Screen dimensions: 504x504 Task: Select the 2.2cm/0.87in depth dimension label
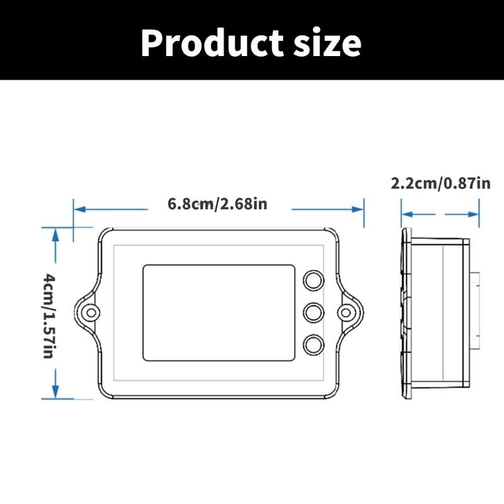coord(440,183)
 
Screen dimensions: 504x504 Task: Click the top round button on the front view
coord(314,280)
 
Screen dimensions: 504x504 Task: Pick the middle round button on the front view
coord(314,312)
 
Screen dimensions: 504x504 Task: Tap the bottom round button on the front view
coord(314,344)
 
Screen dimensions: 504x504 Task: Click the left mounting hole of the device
coord(91,312)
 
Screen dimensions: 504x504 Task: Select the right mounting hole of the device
coord(345,312)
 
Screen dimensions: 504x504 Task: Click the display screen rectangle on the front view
coord(219,312)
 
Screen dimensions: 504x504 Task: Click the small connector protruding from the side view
coord(476,311)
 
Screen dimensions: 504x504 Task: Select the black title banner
coord(252,40)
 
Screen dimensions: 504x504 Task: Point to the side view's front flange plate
coord(406,312)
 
